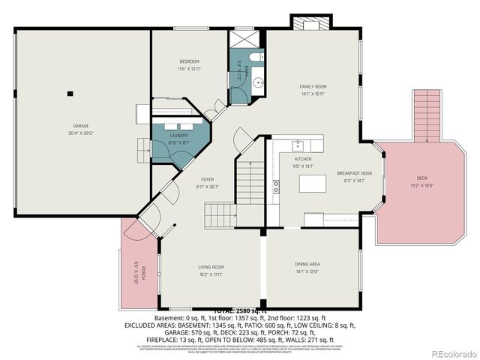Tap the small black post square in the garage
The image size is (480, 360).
point(70,94)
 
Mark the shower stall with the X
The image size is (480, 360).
point(244,39)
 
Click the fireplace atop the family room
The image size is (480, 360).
point(310,25)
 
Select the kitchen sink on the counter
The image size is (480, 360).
point(298,144)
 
